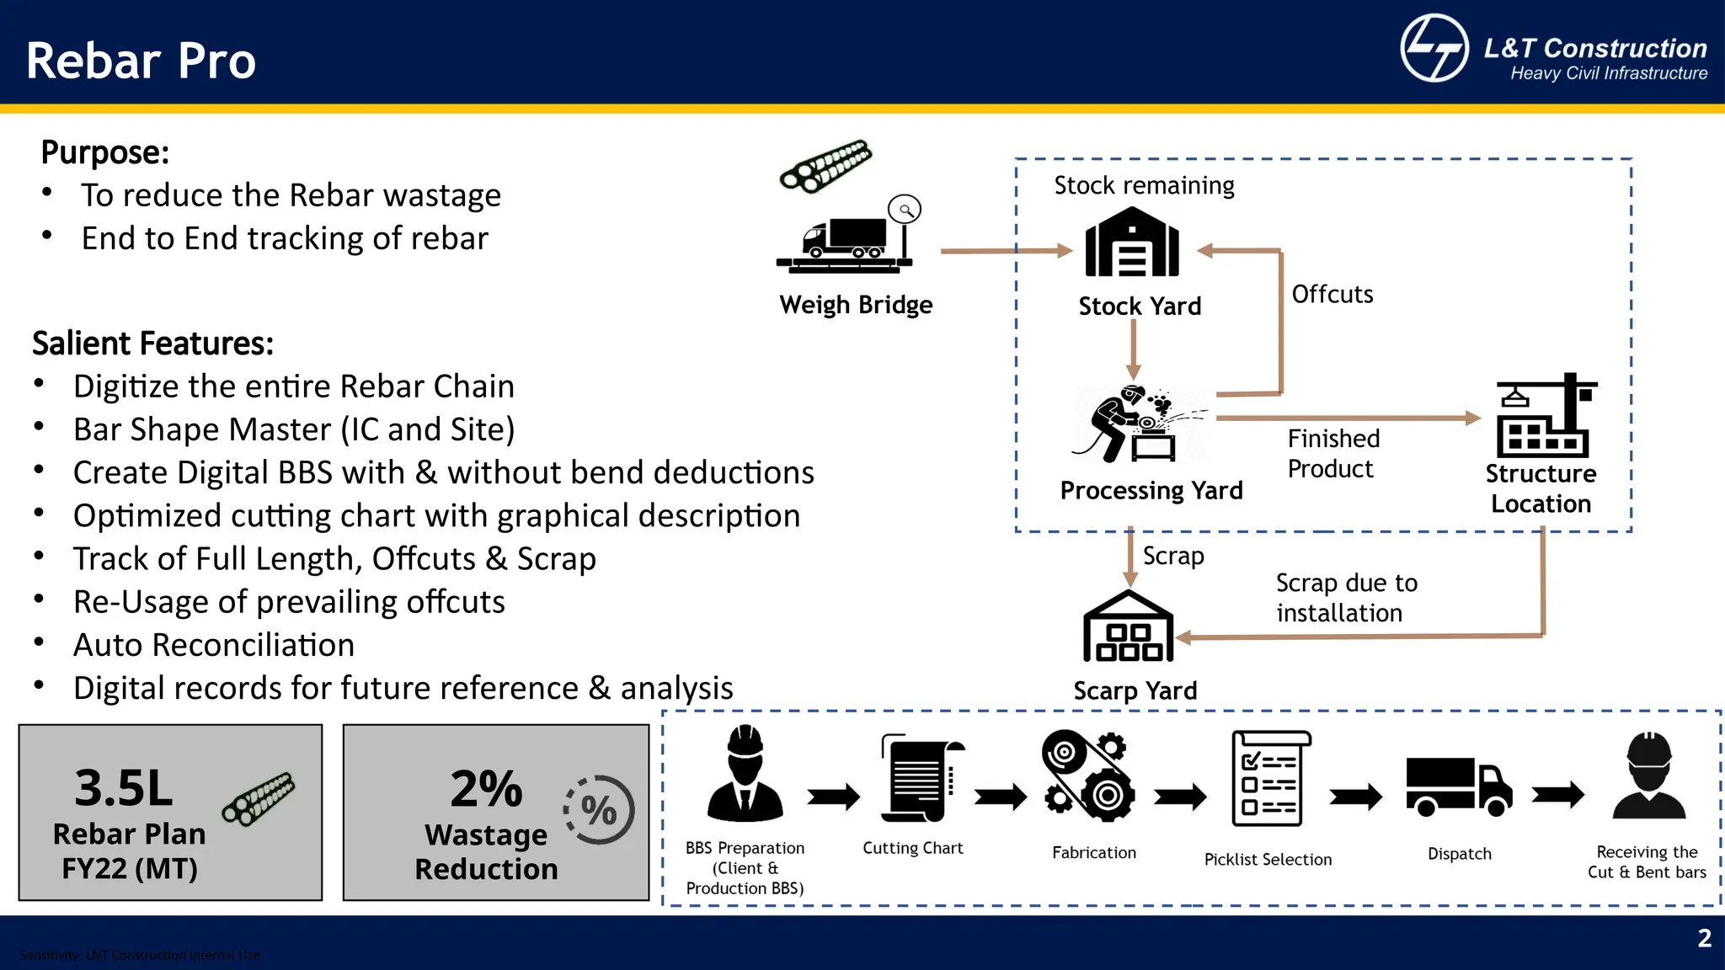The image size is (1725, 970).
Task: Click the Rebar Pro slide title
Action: coord(141,61)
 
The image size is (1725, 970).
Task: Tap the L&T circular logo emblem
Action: coord(1434,48)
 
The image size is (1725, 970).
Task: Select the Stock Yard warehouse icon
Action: coord(1131,243)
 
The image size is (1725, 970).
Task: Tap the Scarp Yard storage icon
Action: coord(1127,627)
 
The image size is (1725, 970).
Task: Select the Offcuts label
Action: coord(1332,295)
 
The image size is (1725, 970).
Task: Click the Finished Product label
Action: coord(1333,454)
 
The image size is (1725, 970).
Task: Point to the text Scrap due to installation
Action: coord(1345,598)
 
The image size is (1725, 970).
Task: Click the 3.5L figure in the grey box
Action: coord(124,788)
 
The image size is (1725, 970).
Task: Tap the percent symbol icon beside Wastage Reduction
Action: coord(599,810)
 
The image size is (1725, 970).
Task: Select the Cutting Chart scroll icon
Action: coord(920,778)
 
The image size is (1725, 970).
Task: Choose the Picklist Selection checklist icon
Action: coord(1269,779)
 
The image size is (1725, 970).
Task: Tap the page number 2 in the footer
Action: coord(1704,938)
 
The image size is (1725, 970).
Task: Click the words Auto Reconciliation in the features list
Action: coord(214,645)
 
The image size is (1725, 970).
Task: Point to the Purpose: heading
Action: coord(105,152)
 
